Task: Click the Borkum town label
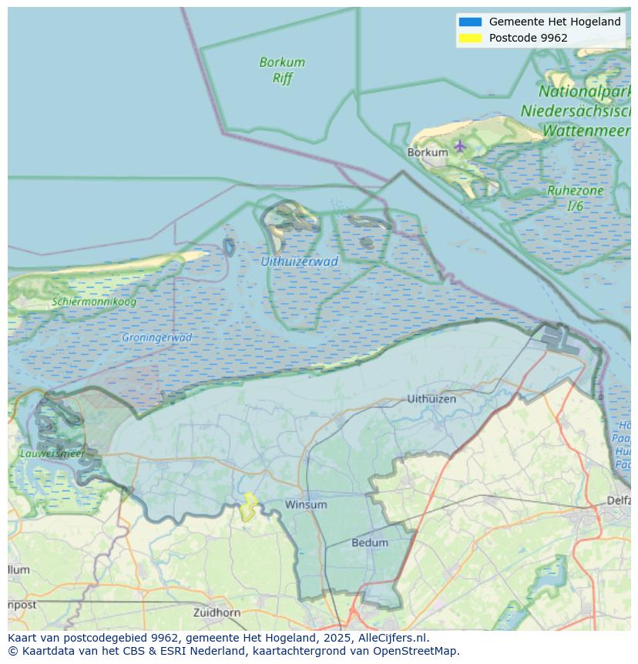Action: pyautogui.click(x=427, y=153)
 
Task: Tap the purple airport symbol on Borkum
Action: pyautogui.click(x=460, y=146)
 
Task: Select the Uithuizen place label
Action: pyautogui.click(x=431, y=399)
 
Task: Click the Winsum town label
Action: pyautogui.click(x=306, y=504)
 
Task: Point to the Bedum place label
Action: pyautogui.click(x=370, y=543)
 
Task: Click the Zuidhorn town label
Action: pyautogui.click(x=217, y=612)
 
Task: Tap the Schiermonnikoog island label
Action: pyautogui.click(x=94, y=302)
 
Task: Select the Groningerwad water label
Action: pyautogui.click(x=157, y=337)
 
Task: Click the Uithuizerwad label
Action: pyautogui.click(x=299, y=261)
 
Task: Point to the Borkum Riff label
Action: pyautogui.click(x=282, y=69)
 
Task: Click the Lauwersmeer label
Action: pyautogui.click(x=52, y=453)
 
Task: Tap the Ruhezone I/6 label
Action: pyautogui.click(x=575, y=197)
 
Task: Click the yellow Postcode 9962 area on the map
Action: pyautogui.click(x=248, y=507)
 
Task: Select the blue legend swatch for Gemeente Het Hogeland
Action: pyautogui.click(x=470, y=22)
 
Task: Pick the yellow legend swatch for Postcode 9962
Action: pyautogui.click(x=470, y=38)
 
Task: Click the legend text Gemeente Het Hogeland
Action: pyautogui.click(x=555, y=22)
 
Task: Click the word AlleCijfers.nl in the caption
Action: pyautogui.click(x=388, y=638)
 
